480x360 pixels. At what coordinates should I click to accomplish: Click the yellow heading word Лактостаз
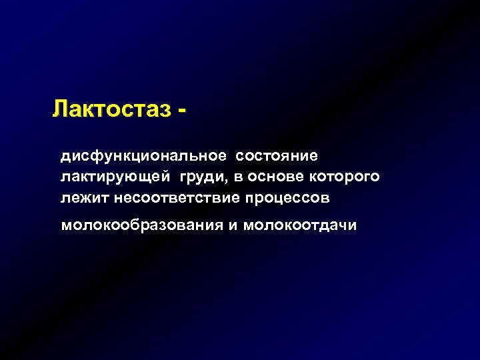click(110, 107)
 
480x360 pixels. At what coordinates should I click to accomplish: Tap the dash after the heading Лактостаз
click(181, 109)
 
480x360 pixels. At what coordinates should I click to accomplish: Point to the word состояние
click(276, 156)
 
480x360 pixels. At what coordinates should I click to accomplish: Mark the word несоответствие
click(178, 198)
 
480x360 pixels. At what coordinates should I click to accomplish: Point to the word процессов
click(288, 198)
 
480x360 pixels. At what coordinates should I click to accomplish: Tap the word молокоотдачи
click(300, 225)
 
